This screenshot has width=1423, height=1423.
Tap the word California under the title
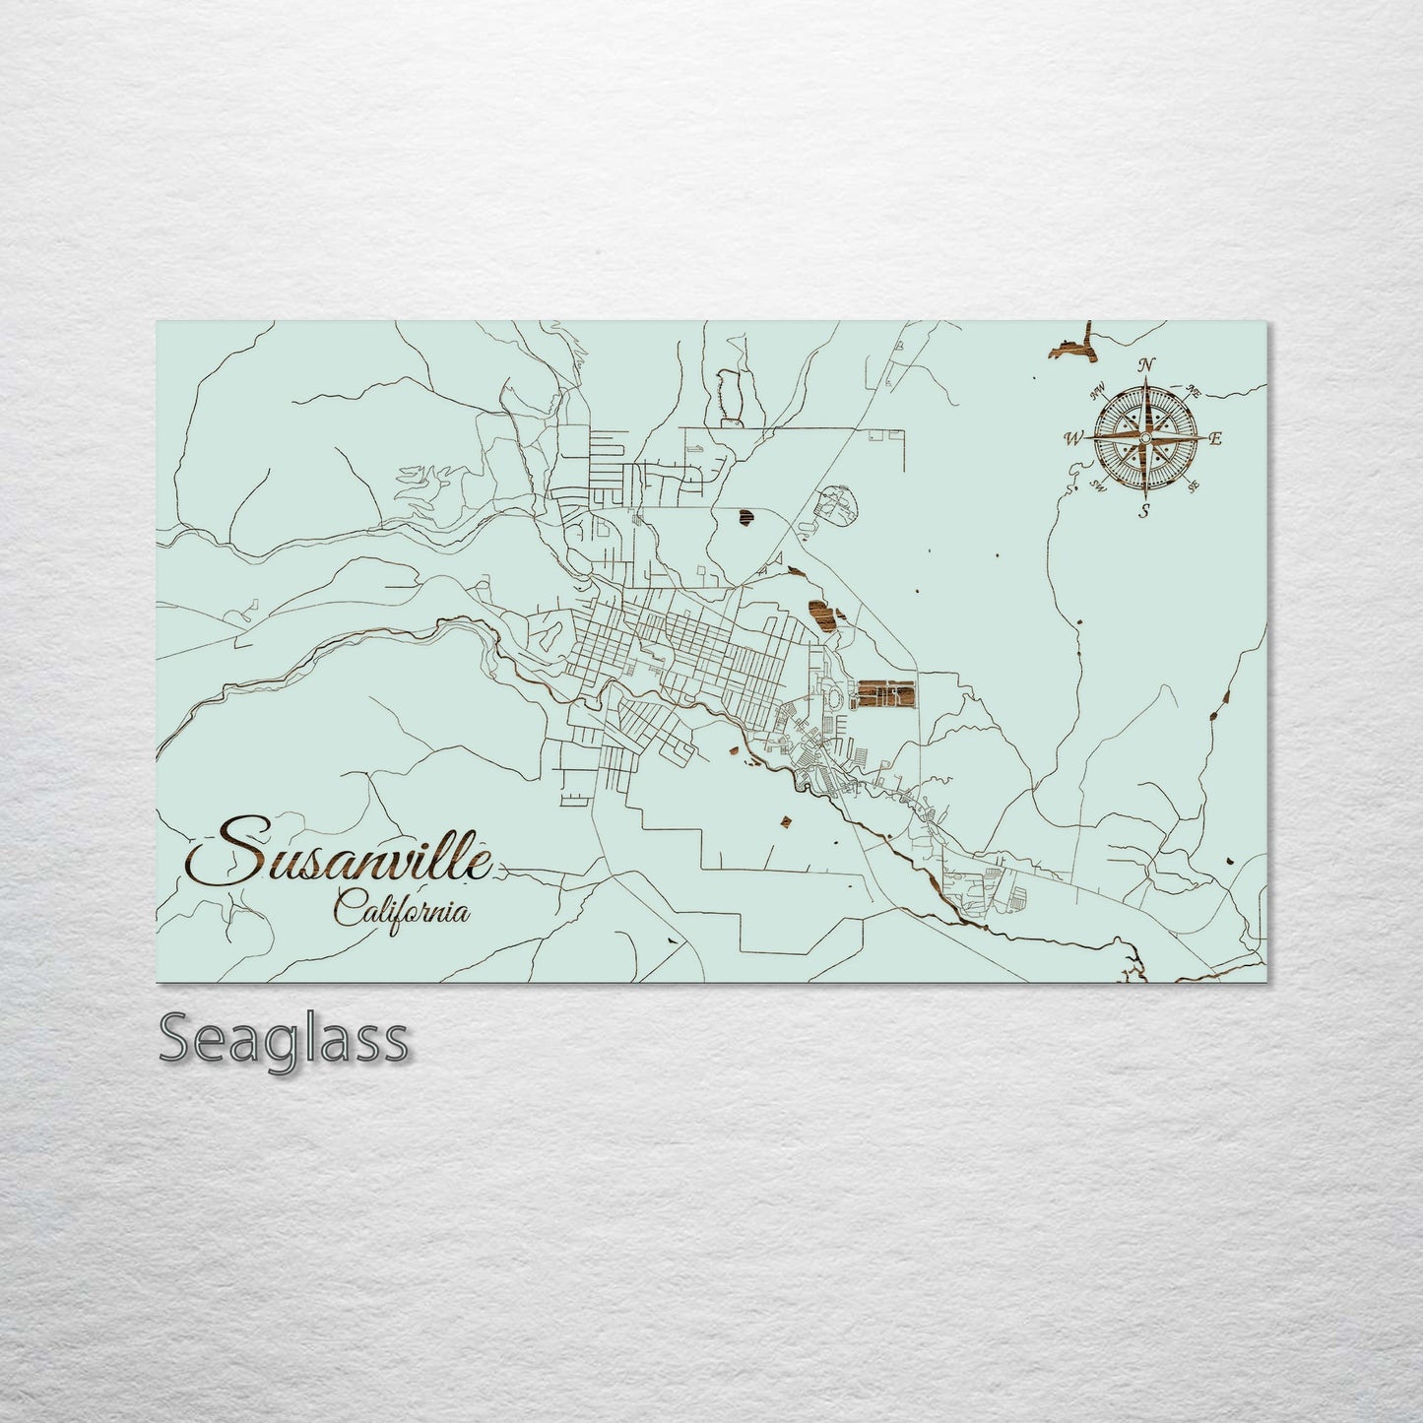tap(401, 908)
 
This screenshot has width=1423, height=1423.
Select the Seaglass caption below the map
tap(282, 1038)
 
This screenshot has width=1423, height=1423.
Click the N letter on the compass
tap(1145, 365)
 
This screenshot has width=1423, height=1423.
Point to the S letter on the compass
tap(1143, 510)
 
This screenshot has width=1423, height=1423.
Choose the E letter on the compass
tap(1215, 439)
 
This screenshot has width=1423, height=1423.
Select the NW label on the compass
tap(1097, 394)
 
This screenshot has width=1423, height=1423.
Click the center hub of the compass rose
tap(1144, 437)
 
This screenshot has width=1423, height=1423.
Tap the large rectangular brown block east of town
tap(884, 694)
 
